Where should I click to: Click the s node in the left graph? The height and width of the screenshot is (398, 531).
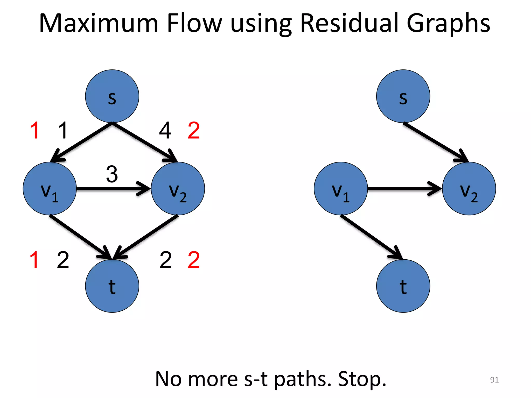point(112,96)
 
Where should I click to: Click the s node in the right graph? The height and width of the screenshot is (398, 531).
point(403,96)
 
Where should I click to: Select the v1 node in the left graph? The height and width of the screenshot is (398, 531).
point(50,188)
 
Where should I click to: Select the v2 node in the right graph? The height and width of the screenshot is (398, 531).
point(469,188)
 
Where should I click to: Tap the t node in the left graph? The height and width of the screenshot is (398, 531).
point(112,286)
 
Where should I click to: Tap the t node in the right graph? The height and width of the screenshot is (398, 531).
point(403,286)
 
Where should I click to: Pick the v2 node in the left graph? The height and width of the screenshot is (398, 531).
point(178,188)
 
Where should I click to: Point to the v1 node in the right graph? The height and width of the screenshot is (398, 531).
point(341,188)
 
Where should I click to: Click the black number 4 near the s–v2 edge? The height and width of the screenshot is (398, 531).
point(165,131)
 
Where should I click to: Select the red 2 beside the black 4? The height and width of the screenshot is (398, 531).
point(194,131)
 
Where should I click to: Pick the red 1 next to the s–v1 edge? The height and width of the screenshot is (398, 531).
point(35,131)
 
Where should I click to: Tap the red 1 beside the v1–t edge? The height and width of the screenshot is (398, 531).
point(34,260)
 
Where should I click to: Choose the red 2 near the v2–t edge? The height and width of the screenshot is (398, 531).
point(194,260)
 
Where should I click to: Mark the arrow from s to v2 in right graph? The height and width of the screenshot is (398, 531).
point(436,142)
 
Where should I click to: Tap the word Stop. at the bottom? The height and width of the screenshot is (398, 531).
point(362,379)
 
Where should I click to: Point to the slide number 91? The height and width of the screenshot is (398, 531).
point(494,380)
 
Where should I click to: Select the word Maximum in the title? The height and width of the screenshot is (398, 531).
point(99,23)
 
